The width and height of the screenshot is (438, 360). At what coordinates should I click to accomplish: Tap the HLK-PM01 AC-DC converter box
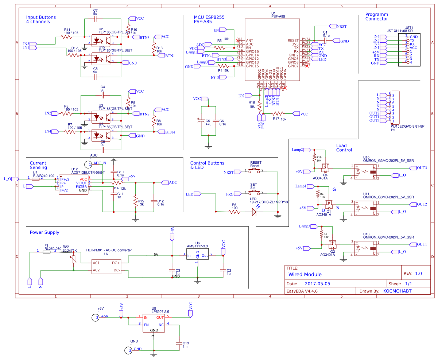(x=106, y=266)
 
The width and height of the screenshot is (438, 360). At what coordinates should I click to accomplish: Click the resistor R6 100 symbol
(x=234, y=212)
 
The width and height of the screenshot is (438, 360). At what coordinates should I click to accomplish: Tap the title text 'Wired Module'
(x=305, y=275)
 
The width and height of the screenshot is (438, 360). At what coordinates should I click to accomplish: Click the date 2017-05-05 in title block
(x=317, y=283)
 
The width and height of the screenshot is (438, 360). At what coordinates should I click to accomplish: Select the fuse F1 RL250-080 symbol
(x=47, y=252)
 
